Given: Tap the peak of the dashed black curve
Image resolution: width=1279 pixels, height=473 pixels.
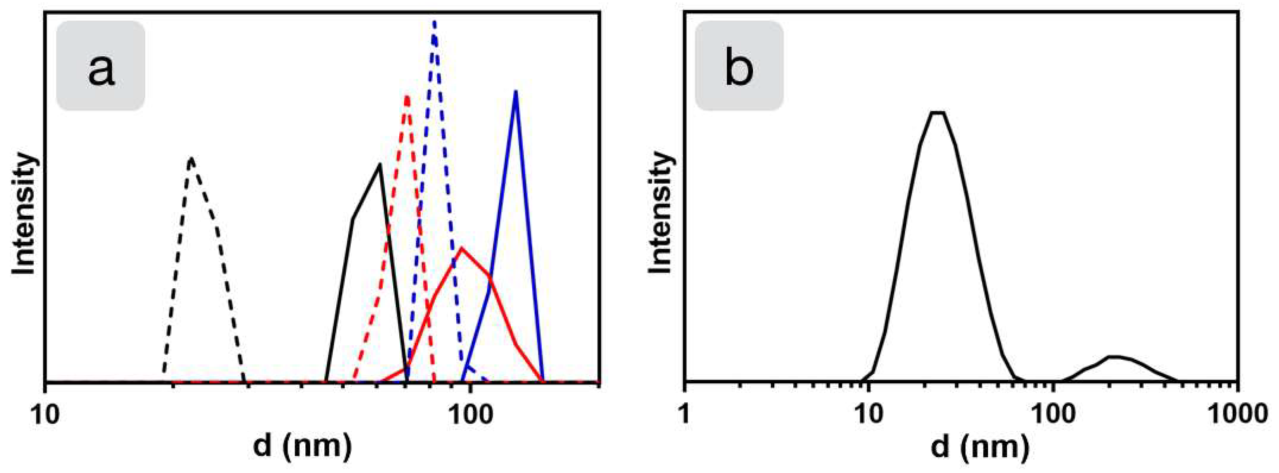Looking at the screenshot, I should [x=191, y=159].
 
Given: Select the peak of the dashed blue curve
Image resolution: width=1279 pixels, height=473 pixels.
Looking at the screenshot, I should [x=435, y=22].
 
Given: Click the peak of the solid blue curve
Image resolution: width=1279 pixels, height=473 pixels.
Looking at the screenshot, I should [x=516, y=92].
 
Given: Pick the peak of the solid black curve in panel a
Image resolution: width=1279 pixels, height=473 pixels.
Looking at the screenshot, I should [x=380, y=165].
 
